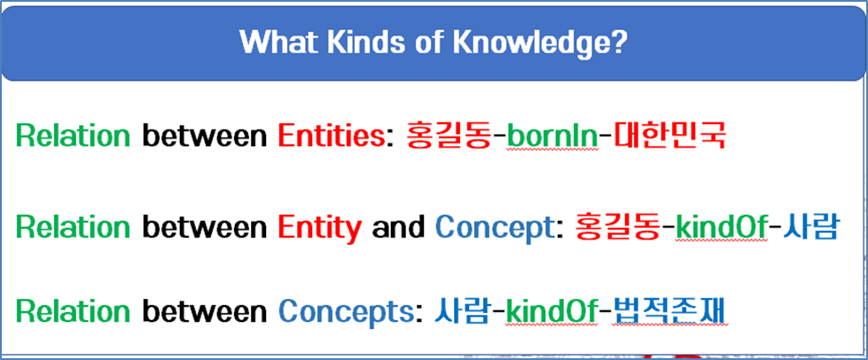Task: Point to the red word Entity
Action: (x=320, y=228)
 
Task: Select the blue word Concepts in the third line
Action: (x=345, y=312)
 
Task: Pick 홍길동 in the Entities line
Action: (x=449, y=135)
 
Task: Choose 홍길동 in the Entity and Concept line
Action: (x=618, y=228)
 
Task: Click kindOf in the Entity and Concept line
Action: (x=722, y=228)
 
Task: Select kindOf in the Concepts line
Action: (x=551, y=312)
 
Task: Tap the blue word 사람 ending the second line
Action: (x=809, y=228)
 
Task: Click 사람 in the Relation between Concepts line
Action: (x=462, y=312)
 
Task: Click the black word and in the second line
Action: (x=399, y=228)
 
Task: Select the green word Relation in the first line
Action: (x=73, y=136)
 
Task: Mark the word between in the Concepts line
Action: (x=205, y=312)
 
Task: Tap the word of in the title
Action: (x=424, y=42)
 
